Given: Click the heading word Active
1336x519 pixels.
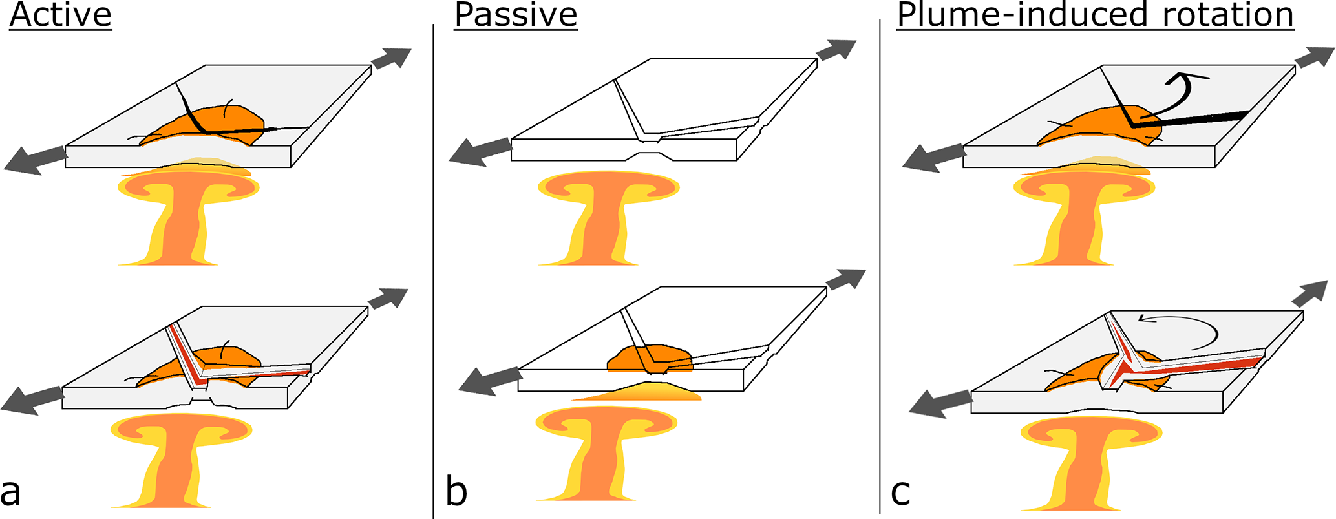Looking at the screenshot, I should (61, 15).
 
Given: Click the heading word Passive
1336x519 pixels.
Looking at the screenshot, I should (515, 15).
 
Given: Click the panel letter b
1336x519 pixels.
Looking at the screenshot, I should (456, 491).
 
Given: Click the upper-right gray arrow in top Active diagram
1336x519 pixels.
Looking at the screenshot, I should (391, 58).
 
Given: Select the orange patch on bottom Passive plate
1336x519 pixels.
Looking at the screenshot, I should (650, 357).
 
